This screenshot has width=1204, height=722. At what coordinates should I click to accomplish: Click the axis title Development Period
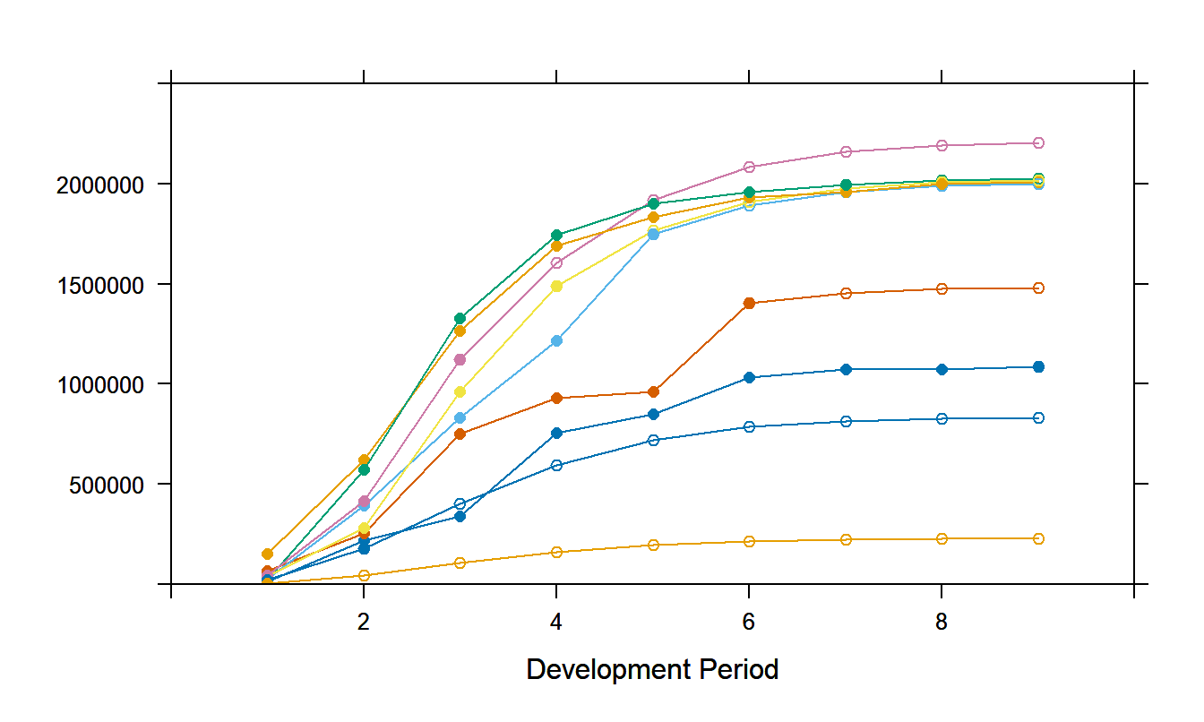(x=652, y=669)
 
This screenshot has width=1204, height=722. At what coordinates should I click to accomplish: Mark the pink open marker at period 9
(x=1038, y=142)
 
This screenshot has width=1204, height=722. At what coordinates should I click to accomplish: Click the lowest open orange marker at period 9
(x=1038, y=538)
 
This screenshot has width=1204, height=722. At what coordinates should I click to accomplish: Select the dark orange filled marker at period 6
(x=749, y=304)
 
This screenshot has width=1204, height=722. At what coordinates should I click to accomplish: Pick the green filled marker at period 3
(x=460, y=318)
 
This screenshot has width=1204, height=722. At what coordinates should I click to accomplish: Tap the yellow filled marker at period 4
(x=556, y=286)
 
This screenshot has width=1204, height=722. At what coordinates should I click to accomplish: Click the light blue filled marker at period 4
(x=556, y=340)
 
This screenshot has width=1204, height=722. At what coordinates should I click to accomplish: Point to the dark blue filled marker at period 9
(x=1038, y=366)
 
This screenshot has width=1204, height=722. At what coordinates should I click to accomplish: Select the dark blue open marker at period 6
(x=749, y=426)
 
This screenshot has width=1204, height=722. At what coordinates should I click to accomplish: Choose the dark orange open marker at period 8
(x=942, y=288)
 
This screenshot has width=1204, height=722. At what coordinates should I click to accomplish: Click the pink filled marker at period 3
(x=460, y=359)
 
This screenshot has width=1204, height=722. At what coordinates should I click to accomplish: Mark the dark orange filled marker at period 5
(x=653, y=391)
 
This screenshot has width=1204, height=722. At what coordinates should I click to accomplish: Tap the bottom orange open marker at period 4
(x=556, y=552)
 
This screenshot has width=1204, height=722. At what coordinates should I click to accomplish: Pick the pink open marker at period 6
(x=749, y=167)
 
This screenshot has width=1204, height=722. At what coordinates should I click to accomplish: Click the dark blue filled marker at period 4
(x=556, y=433)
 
